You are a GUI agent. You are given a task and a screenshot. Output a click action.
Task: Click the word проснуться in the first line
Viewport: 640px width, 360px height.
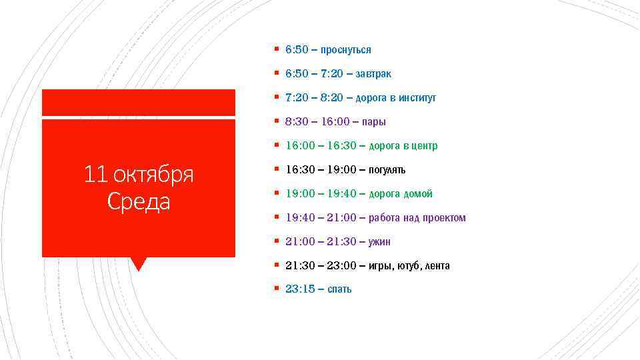[x=346, y=50]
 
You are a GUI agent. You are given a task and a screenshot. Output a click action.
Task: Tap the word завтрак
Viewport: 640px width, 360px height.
[x=373, y=74]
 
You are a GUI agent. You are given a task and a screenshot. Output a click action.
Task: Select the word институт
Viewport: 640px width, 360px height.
[x=417, y=98]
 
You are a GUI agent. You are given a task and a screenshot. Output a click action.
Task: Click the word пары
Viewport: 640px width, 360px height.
[x=374, y=122]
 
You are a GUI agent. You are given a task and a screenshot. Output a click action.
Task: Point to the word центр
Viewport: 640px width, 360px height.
[x=424, y=146]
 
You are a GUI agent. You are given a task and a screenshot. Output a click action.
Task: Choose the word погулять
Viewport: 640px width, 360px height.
[x=387, y=170]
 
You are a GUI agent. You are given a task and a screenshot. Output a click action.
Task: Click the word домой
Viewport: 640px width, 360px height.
[x=418, y=194]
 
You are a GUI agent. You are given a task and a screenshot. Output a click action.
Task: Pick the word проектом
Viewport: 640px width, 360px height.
[x=444, y=218]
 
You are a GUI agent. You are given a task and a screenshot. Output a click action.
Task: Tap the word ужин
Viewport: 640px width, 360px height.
[x=379, y=242]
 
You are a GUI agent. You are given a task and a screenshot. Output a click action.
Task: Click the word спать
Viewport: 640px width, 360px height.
[x=339, y=289]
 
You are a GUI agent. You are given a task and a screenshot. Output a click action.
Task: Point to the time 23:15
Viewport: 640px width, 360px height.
[x=300, y=289]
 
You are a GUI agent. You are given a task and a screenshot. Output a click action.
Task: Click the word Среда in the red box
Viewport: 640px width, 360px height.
[x=139, y=201]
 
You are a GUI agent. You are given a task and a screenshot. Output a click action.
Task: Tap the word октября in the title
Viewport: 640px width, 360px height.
[x=153, y=175]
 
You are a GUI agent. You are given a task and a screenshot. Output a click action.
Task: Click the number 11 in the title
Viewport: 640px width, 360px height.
[x=96, y=175]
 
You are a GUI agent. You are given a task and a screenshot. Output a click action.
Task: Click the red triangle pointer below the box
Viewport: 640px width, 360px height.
[x=139, y=263]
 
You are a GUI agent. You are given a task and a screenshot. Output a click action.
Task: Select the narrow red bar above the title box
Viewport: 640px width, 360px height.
[x=139, y=102]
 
